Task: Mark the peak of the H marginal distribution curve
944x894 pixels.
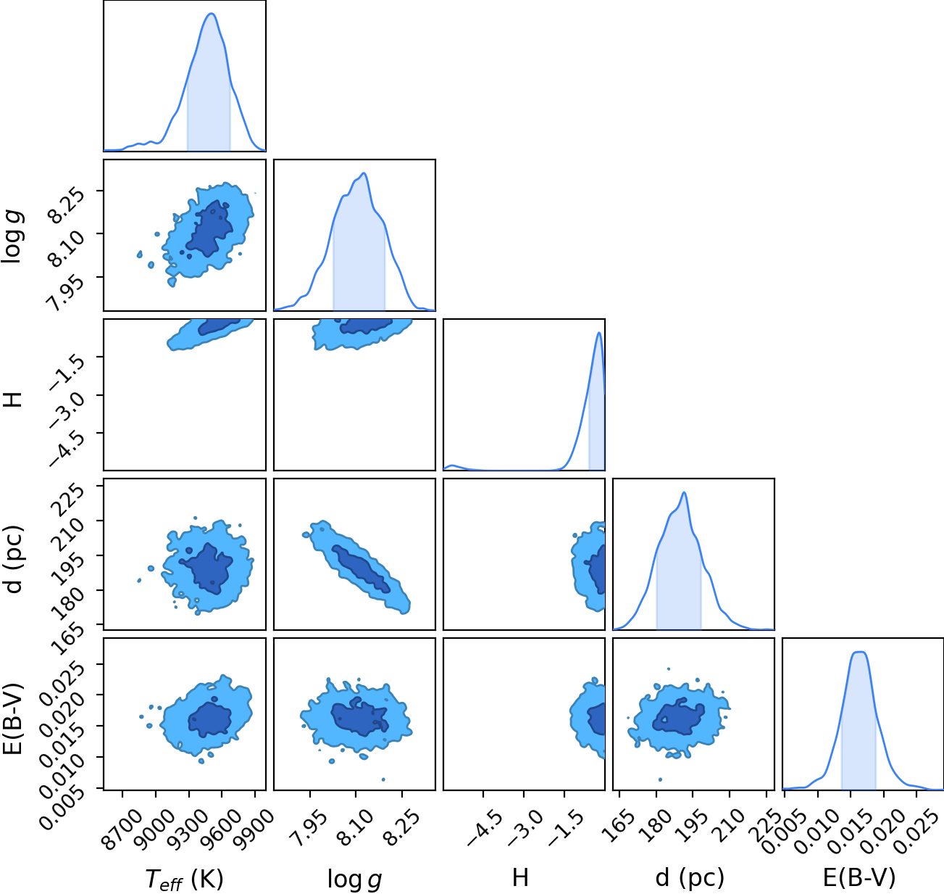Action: (x=598, y=333)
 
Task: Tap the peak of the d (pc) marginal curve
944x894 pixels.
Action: (x=684, y=492)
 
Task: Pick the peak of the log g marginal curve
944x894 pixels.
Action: (x=364, y=173)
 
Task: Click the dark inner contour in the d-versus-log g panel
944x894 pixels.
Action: (x=361, y=568)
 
